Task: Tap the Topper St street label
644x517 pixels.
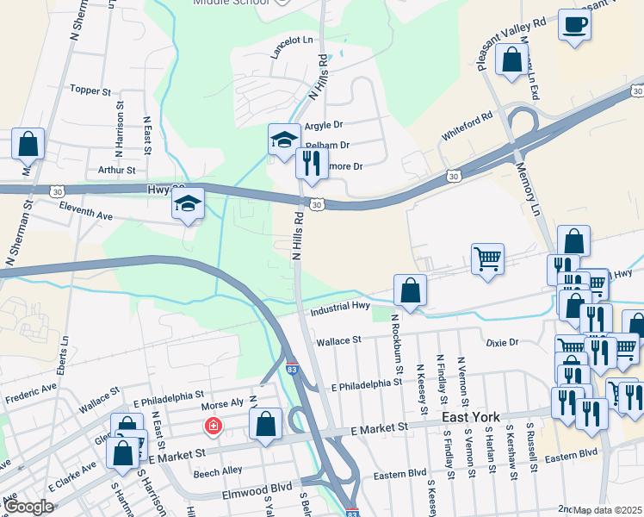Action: coord(91,90)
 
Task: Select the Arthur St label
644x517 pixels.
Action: coord(118,171)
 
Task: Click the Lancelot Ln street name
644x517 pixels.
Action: coord(291,44)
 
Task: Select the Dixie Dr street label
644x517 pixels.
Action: coord(501,343)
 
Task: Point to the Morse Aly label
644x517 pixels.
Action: coord(221,403)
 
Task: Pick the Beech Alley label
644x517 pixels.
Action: coord(218,472)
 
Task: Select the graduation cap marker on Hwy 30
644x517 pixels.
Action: coord(187,203)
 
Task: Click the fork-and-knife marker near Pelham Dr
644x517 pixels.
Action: coord(312,162)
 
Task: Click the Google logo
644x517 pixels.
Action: coord(29,507)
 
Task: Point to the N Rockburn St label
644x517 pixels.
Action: coord(397,343)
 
